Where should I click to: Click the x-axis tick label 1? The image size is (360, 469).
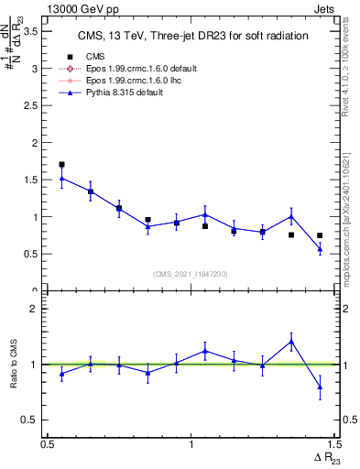(191, 444)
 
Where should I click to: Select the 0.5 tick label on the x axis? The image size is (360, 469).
(48, 444)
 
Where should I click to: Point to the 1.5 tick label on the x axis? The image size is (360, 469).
(333, 444)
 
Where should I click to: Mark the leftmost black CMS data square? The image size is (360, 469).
(61, 165)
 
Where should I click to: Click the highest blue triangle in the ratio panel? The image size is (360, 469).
(290, 342)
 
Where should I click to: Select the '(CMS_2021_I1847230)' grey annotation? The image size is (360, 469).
(191, 274)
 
